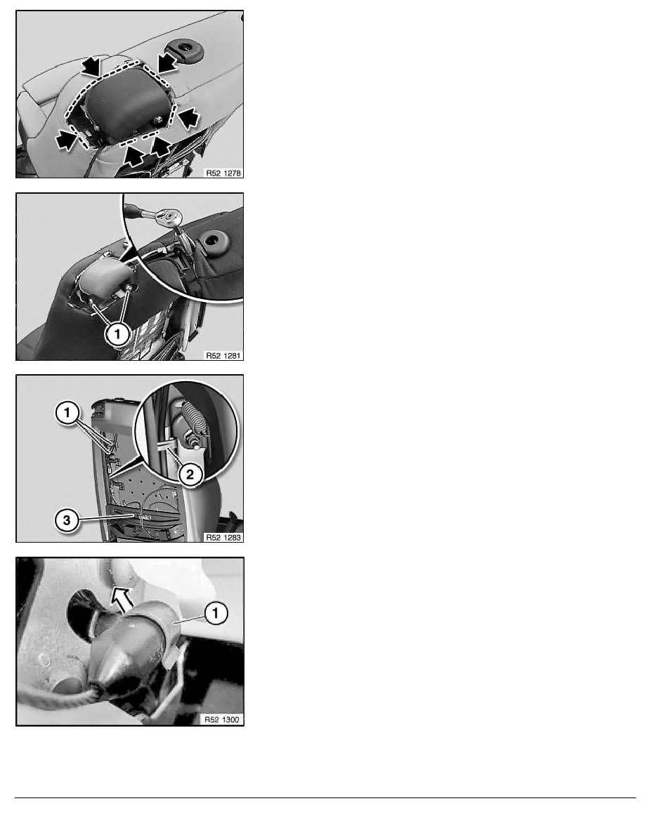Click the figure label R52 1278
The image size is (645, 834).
point(223,173)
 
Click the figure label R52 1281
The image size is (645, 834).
point(223,355)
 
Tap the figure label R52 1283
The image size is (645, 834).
point(223,537)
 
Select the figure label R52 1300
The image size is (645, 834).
point(223,720)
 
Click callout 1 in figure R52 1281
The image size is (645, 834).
point(117,334)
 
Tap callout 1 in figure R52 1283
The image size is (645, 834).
point(67,412)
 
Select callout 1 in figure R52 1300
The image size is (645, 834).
point(216,613)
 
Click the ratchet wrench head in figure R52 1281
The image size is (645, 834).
point(171,217)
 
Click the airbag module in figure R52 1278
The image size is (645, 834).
point(126,102)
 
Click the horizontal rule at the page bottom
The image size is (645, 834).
point(325,797)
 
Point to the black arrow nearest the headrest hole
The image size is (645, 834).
point(166,62)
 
